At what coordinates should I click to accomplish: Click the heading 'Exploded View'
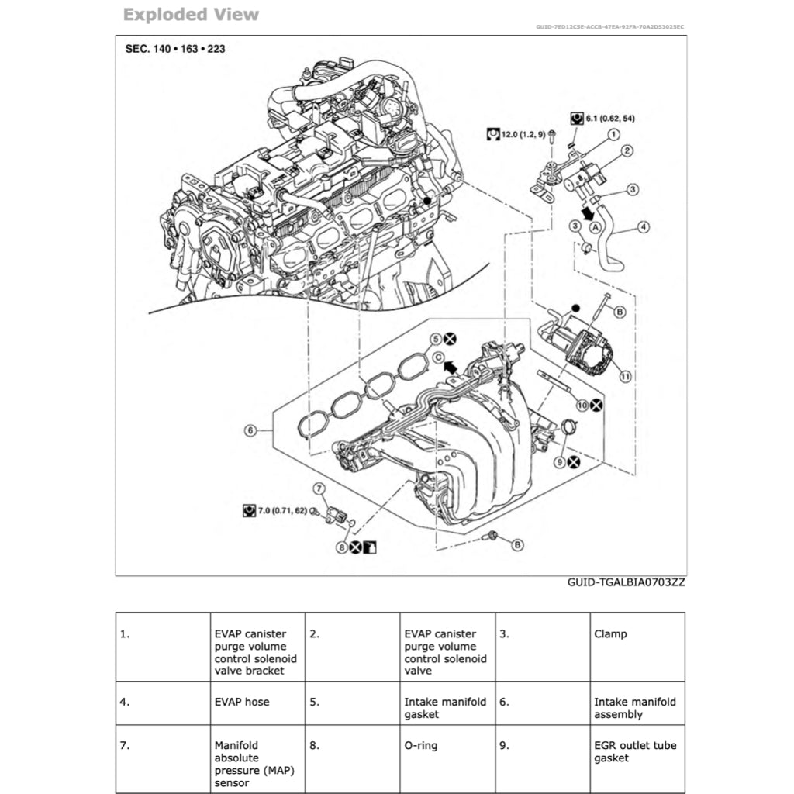pos(191,15)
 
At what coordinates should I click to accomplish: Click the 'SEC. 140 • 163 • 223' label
pos(175,49)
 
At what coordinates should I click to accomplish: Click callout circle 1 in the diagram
pos(613,134)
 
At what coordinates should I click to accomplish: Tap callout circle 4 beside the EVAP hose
pos(644,227)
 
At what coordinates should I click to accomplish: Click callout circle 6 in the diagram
pos(250,431)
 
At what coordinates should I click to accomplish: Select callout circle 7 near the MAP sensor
pos(318,488)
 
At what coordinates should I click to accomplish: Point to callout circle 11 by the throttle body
pos(625,376)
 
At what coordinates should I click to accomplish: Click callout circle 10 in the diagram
pos(582,405)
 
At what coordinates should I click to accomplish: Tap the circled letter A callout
pos(595,228)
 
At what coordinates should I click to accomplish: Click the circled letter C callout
pos(437,357)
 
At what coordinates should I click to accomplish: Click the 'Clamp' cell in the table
pos(610,633)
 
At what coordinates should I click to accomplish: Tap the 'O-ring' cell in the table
pos(421,745)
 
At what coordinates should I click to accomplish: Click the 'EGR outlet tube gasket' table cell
pos(634,751)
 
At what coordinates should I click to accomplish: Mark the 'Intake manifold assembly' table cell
pos(634,708)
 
